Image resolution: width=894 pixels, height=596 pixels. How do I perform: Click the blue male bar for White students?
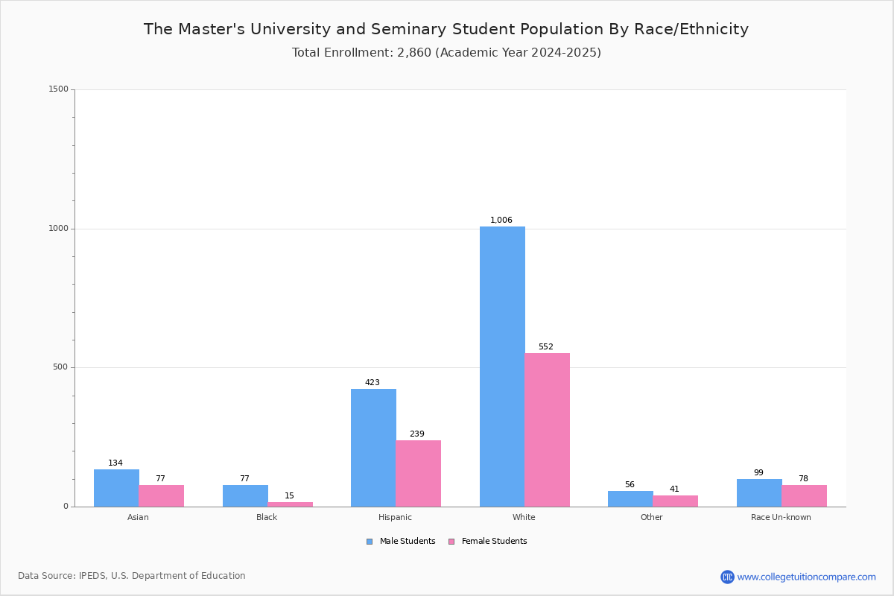tap(502, 367)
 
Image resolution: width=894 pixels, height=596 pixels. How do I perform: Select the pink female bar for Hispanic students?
tap(418, 473)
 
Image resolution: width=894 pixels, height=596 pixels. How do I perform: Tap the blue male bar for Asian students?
tap(116, 488)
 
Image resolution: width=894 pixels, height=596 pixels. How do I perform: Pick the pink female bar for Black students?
tap(290, 504)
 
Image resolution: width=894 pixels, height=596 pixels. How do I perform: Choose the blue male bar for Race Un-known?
tap(759, 493)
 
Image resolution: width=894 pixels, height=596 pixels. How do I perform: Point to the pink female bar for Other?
tap(675, 501)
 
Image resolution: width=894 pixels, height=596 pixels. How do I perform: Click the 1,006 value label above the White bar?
tap(501, 220)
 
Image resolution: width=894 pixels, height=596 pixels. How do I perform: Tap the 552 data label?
tap(545, 346)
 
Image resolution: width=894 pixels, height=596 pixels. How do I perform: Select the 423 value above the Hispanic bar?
tap(372, 382)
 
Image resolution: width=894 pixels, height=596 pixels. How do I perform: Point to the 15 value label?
tap(289, 495)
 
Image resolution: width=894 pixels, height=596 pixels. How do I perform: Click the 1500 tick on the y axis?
tap(59, 89)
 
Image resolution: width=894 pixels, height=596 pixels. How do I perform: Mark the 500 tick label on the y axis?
tap(60, 367)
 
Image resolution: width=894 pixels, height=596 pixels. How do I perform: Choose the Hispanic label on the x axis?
tap(395, 517)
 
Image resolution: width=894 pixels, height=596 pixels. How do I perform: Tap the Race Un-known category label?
tap(781, 517)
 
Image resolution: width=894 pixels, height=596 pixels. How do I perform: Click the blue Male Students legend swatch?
tap(370, 542)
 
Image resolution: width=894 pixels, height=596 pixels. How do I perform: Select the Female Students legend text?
tap(494, 541)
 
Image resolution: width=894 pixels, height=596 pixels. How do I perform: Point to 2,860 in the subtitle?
tap(414, 52)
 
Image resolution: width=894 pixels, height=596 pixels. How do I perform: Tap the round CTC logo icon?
tap(727, 577)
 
